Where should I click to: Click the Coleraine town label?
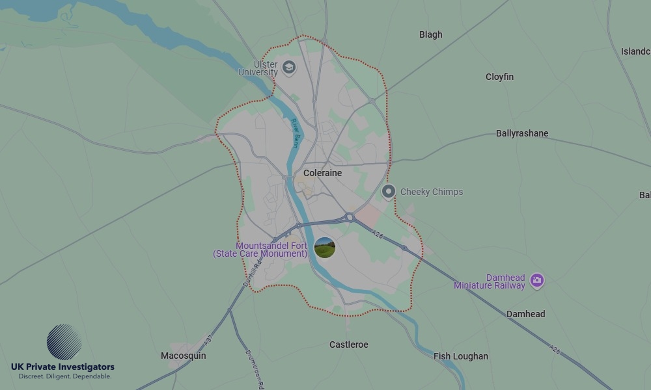322,173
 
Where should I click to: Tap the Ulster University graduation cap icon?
288,67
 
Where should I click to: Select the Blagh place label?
430,34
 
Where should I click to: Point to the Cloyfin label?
499,77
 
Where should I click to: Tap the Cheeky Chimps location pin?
389,191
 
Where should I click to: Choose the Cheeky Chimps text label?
432,192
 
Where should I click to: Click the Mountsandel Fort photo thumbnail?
324,247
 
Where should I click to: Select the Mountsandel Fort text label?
260,250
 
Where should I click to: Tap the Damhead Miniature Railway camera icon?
536,280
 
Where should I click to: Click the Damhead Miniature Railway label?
490,281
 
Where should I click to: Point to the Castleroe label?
348,344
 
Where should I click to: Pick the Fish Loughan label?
461,356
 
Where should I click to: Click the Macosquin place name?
184,356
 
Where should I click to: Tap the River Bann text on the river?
294,133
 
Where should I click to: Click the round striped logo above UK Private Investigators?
64,342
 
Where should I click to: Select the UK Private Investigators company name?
62,367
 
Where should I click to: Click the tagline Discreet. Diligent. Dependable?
64,376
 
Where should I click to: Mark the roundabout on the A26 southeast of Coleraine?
349,218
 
